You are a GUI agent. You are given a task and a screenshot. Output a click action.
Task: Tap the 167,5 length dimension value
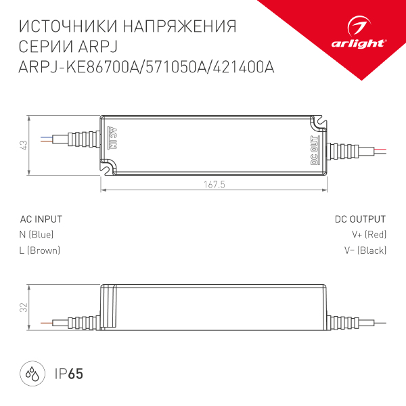(x=214, y=185)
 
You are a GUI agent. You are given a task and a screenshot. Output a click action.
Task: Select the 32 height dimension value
(x=23, y=307)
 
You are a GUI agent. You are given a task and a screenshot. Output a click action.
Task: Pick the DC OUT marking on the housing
(x=314, y=151)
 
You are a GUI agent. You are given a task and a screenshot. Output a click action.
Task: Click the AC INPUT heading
(x=41, y=219)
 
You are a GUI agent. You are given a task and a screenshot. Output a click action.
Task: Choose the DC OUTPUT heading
(x=360, y=219)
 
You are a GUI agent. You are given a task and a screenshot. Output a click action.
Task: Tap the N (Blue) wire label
(x=37, y=235)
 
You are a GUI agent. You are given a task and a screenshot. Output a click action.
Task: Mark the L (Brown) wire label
(x=40, y=250)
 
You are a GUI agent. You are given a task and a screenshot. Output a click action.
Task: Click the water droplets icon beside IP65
(x=32, y=374)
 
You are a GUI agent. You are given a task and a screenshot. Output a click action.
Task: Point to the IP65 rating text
(x=68, y=374)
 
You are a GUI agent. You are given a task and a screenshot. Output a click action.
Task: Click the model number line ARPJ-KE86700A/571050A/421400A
(x=146, y=68)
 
